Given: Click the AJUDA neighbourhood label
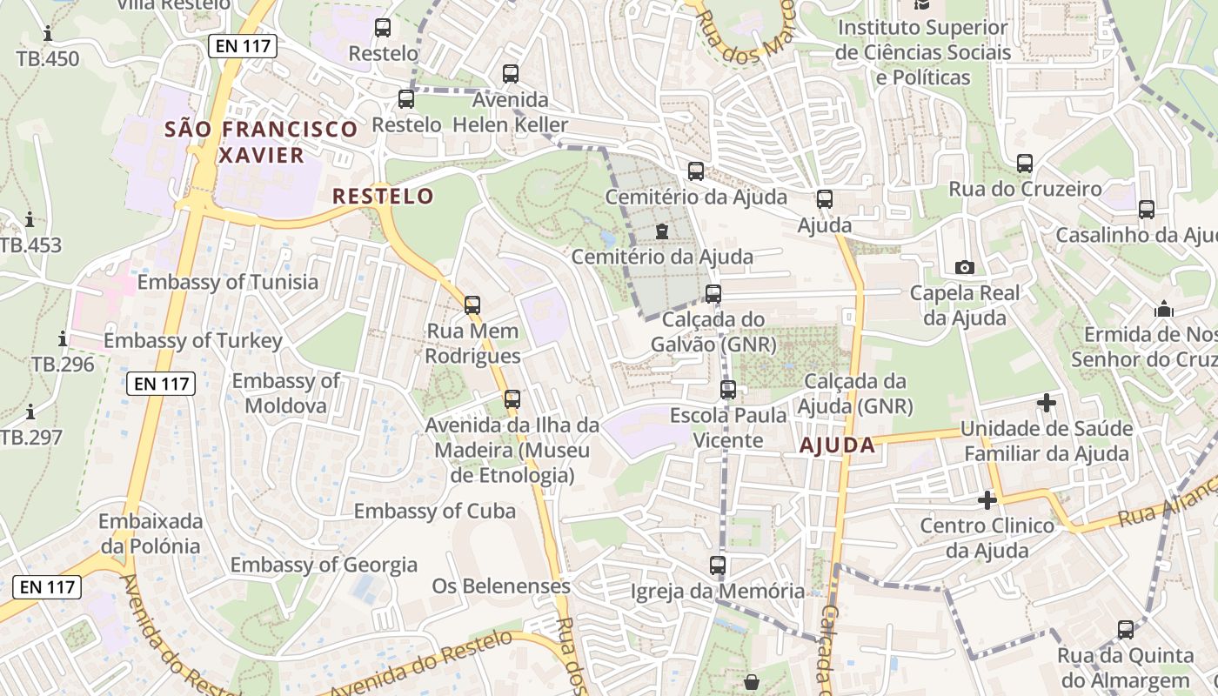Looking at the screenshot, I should pos(837,445).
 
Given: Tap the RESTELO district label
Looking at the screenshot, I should pos(383,196).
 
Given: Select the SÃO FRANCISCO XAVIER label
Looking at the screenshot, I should pos(261,142).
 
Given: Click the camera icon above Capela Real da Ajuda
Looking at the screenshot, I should pos(964,267).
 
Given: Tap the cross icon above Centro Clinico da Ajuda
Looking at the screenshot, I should pos(987,500).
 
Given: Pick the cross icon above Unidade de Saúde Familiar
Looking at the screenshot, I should pos(1047,403).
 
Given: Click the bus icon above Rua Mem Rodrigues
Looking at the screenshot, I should pos(472,305).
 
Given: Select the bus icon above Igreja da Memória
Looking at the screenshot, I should pos(717,565).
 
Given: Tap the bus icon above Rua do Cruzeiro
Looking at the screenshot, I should pos(1025,163).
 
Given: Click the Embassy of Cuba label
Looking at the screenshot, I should pos(434,511).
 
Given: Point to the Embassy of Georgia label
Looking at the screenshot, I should pos(324,565).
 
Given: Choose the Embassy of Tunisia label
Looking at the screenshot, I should pos(228,282).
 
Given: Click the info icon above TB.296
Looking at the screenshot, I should pos(62,338).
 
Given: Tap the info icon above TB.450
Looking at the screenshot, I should pos(47,33).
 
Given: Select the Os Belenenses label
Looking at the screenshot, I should pos(501,586).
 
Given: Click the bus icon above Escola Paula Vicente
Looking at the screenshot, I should pos(728,389).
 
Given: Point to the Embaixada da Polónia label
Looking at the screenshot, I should pos(151,533).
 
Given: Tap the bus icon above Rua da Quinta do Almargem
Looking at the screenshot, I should pos(1125,629).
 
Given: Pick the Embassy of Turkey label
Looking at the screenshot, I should pos(193,340).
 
